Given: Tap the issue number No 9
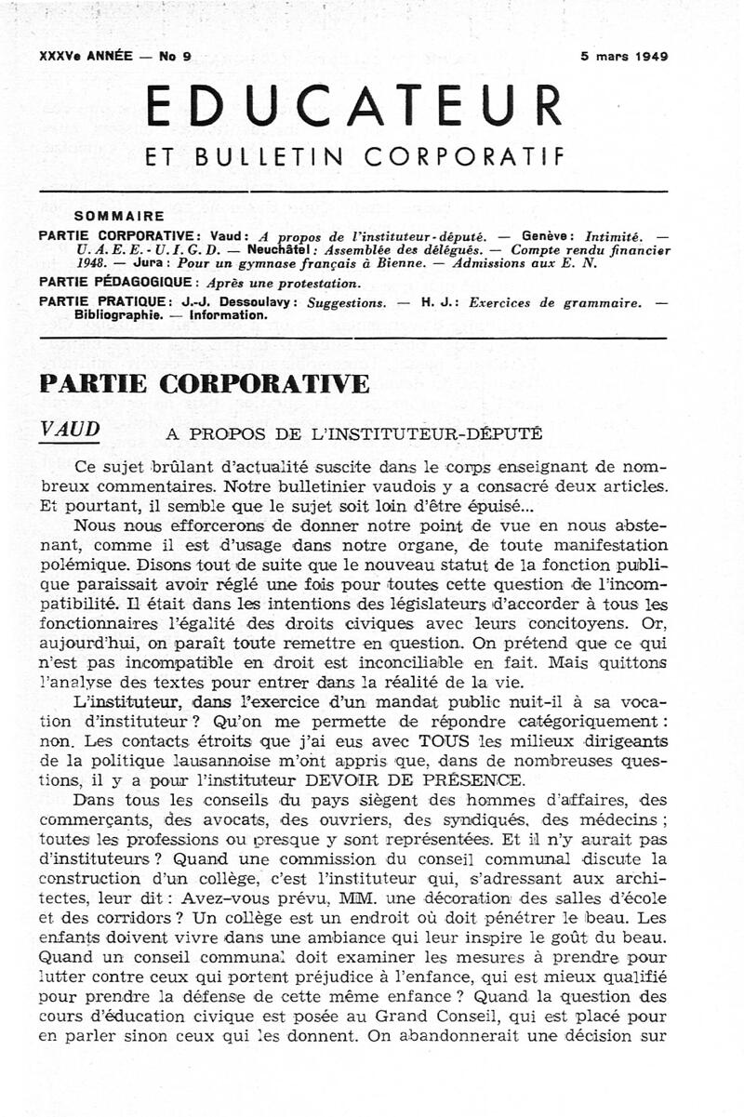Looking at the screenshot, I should click(x=175, y=56).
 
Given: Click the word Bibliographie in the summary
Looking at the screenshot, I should click(x=118, y=314).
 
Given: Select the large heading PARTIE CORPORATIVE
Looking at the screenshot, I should click(x=205, y=383).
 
